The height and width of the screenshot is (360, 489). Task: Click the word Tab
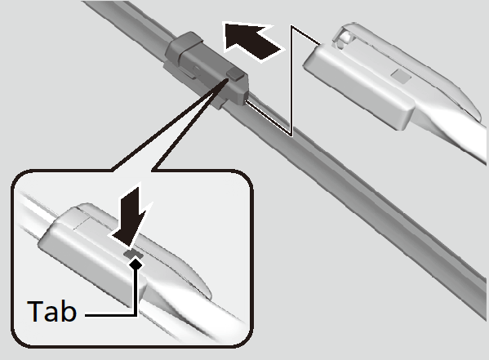[51, 311]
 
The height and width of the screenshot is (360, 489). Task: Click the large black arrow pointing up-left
[251, 41]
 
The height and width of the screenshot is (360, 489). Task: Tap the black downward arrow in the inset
[131, 220]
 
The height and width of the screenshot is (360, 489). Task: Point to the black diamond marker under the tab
[136, 264]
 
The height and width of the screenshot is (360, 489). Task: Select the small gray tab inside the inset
[134, 254]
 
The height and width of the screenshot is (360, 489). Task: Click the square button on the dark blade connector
[235, 74]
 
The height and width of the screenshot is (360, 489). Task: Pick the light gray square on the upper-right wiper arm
[401, 76]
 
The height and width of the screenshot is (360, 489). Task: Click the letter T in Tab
[34, 311]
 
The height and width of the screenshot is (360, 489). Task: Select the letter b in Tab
[69, 311]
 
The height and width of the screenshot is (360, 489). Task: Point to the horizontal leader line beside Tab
[110, 316]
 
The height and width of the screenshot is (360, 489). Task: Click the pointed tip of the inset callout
[227, 79]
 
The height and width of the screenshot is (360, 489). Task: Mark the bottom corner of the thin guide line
[291, 135]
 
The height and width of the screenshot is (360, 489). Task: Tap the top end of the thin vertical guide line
[292, 26]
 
